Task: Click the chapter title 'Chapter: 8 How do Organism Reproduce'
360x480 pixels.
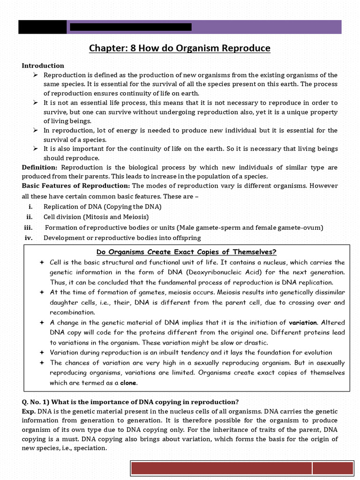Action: pyautogui.click(x=180, y=48)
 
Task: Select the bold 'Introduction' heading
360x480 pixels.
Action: pyautogui.click(x=43, y=66)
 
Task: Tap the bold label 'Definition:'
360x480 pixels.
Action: pyautogui.click(x=40, y=167)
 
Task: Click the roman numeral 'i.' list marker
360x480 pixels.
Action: pyautogui.click(x=30, y=207)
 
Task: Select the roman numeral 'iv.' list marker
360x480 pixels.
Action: pyautogui.click(x=28, y=238)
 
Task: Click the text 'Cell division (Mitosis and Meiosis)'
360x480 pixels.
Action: pyautogui.click(x=96, y=217)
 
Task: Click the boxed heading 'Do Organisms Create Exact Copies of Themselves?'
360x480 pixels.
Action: pyautogui.click(x=186, y=251)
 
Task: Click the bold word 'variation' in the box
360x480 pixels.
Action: pyautogui.click(x=303, y=322)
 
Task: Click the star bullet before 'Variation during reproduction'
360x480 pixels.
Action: pyautogui.click(x=42, y=352)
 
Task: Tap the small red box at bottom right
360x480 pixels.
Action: pyautogui.click(x=333, y=469)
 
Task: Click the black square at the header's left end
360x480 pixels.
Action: pyautogui.click(x=42, y=27)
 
